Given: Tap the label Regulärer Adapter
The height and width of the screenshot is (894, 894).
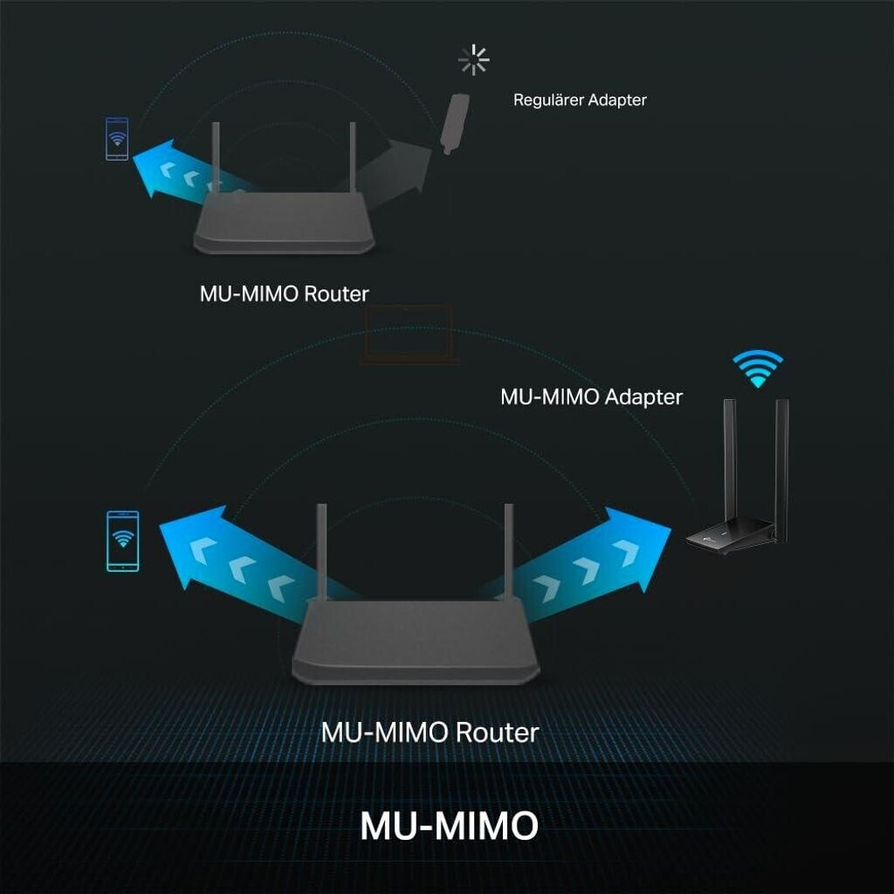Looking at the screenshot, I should click(580, 100).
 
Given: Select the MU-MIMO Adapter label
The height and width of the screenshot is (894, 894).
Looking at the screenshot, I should click(591, 396).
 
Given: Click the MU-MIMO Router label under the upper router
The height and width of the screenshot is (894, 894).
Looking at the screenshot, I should click(284, 293).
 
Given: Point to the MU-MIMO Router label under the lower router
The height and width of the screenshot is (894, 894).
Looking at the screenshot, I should click(430, 731).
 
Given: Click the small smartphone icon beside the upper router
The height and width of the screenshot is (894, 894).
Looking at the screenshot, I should click(117, 140).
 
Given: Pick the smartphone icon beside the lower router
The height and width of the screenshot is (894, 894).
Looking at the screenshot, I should click(122, 541).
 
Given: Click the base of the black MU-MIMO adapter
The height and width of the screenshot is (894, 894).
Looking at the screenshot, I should click(730, 538).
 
